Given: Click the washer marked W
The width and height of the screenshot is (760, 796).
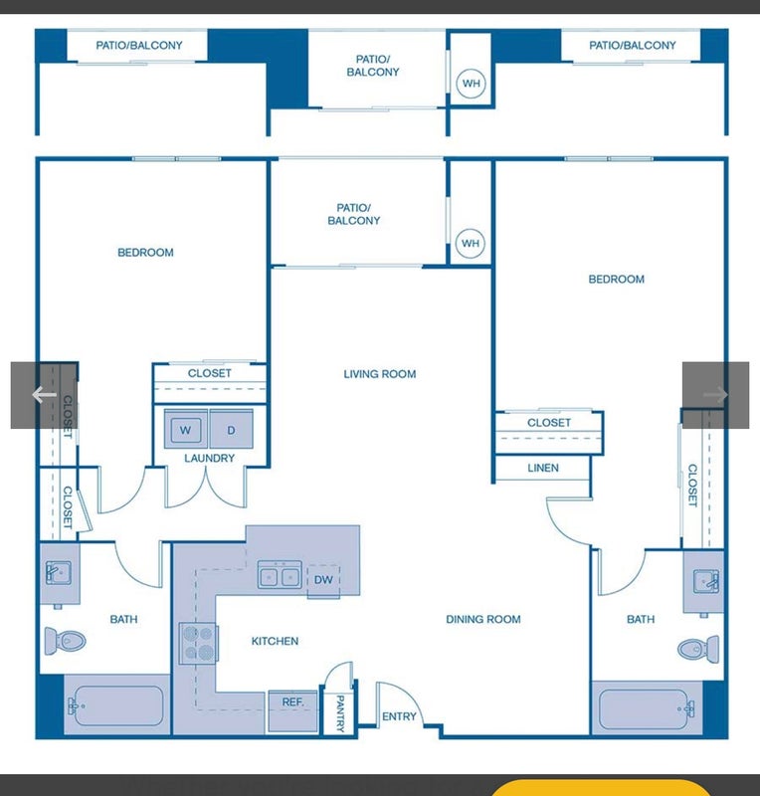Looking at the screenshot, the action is [185, 430].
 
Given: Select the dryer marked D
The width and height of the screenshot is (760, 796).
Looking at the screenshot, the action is [231, 430].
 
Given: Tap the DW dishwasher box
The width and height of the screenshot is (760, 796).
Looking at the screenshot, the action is [323, 580].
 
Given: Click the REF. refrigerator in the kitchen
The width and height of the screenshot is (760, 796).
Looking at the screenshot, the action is [292, 710].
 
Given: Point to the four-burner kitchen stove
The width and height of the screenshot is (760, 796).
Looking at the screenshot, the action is [199, 643].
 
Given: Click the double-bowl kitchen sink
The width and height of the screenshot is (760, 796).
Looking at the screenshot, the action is [280, 575].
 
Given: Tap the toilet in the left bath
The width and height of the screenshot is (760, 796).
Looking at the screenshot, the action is [65, 641].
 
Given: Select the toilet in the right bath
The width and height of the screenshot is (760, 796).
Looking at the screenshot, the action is [698, 649].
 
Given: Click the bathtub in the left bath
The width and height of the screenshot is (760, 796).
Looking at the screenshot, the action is [118, 705].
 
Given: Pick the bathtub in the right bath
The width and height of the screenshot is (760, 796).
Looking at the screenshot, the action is [644, 709].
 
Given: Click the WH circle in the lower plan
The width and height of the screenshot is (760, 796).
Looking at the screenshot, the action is [471, 243].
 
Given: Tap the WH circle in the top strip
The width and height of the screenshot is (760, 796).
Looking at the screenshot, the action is [472, 84].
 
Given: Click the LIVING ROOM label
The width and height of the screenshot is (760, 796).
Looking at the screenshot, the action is [380, 374].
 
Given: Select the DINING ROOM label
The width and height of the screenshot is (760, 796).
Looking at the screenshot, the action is [483, 619].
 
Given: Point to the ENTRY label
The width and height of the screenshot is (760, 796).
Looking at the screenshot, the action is [399, 716].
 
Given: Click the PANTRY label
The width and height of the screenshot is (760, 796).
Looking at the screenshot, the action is [340, 713].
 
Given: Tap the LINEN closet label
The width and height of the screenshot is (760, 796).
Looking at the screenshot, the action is [543, 468].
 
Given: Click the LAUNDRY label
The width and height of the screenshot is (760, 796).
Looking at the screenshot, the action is [209, 458].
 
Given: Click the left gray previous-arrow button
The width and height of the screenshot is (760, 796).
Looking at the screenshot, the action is [44, 395].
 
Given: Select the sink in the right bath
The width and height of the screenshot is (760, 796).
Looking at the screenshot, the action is [705, 581].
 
